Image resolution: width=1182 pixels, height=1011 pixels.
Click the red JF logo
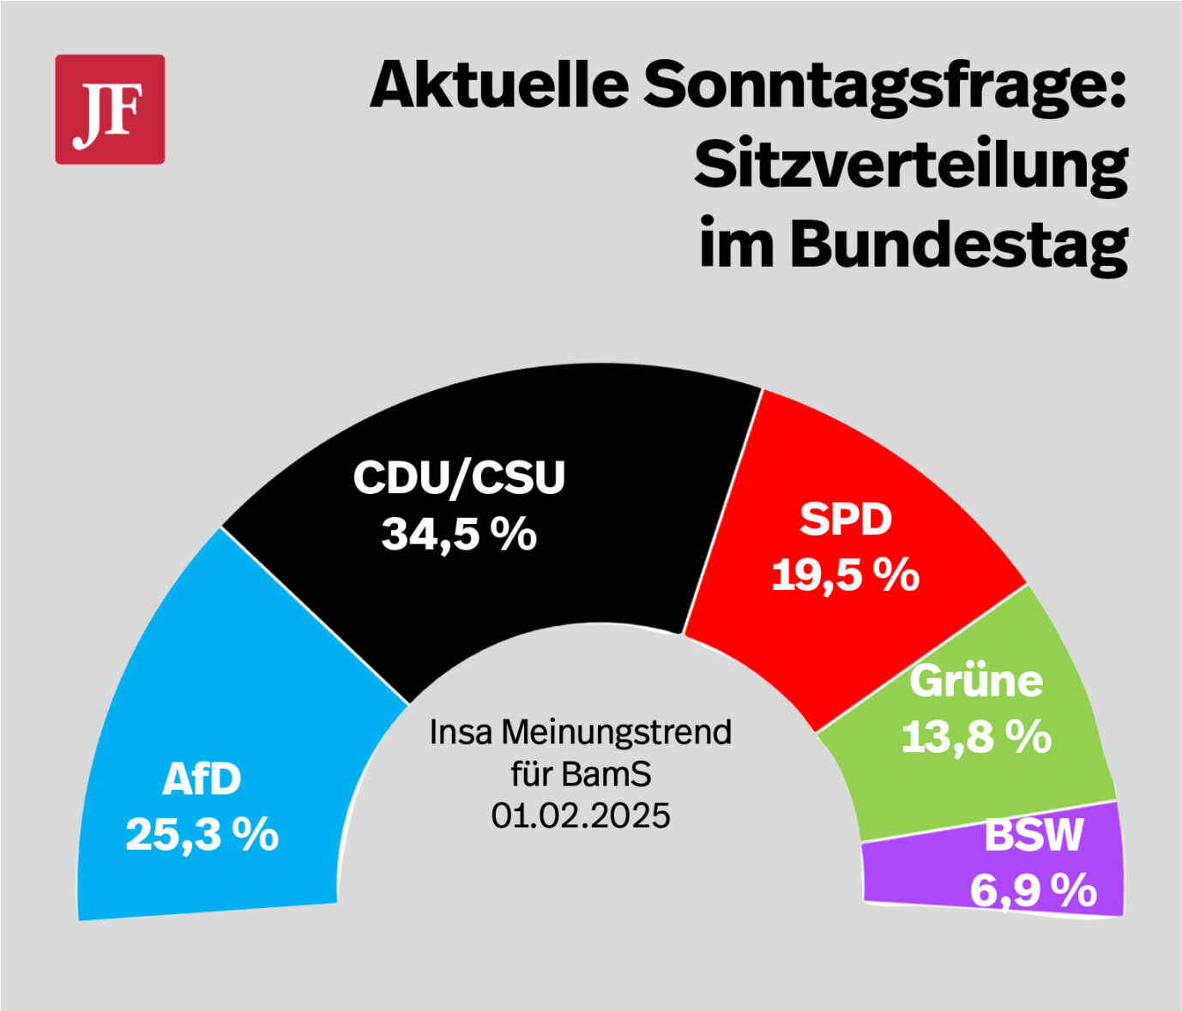click(110, 109)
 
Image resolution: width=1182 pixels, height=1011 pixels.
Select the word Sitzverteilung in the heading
click(910, 166)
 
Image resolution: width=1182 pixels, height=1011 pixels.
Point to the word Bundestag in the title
click(957, 245)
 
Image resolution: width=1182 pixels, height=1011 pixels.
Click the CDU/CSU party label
click(459, 478)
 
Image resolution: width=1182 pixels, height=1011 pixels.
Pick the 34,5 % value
click(459, 534)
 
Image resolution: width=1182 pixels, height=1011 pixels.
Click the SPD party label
click(846, 520)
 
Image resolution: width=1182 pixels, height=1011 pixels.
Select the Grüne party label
click(976, 681)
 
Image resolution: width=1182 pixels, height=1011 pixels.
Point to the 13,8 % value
click(976, 737)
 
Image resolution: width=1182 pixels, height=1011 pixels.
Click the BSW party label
click(1034, 834)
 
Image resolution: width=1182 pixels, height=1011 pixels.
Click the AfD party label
click(202, 779)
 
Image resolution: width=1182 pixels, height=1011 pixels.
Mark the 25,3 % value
click(202, 833)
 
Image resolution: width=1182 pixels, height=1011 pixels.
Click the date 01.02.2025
click(581, 815)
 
